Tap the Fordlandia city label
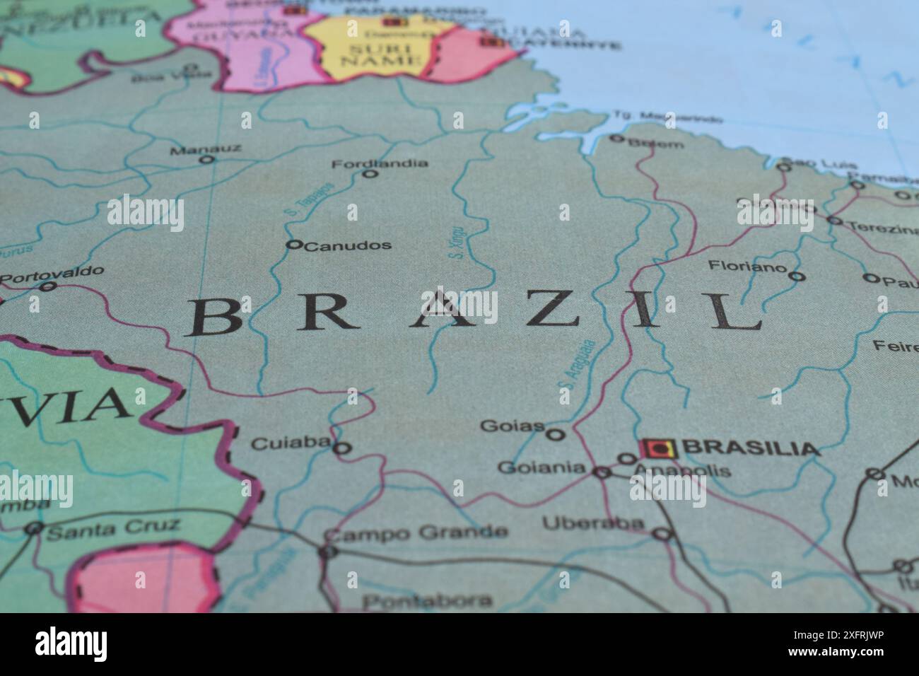point(380,163)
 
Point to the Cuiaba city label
point(291,443)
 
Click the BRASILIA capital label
point(753,448)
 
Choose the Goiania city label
point(542,467)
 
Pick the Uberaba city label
point(594,524)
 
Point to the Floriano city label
point(747,267)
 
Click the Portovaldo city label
point(52,274)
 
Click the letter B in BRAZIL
point(214,317)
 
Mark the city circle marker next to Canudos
point(294,245)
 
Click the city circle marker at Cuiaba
point(342,448)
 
